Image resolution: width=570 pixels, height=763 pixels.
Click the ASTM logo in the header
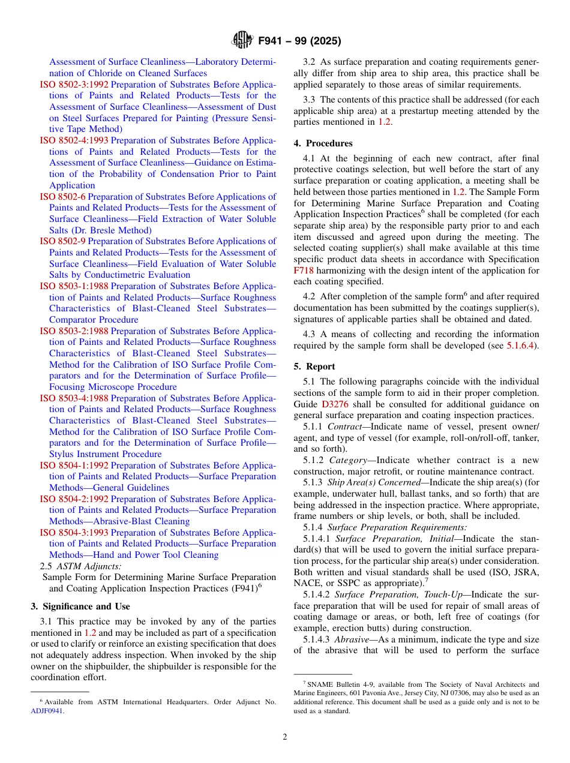[x=242, y=41]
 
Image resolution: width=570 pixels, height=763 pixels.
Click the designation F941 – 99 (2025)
[x=299, y=41]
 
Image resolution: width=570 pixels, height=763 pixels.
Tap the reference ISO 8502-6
[x=63, y=197]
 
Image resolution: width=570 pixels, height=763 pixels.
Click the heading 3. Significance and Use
[x=80, y=606]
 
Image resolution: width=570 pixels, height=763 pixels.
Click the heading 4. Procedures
[x=323, y=143]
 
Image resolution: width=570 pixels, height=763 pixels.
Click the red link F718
[x=302, y=271]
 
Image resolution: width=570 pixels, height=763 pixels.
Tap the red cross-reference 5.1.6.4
[x=519, y=346]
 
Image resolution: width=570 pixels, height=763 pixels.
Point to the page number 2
[x=285, y=737]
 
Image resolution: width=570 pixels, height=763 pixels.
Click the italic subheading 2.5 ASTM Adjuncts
[x=80, y=566]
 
